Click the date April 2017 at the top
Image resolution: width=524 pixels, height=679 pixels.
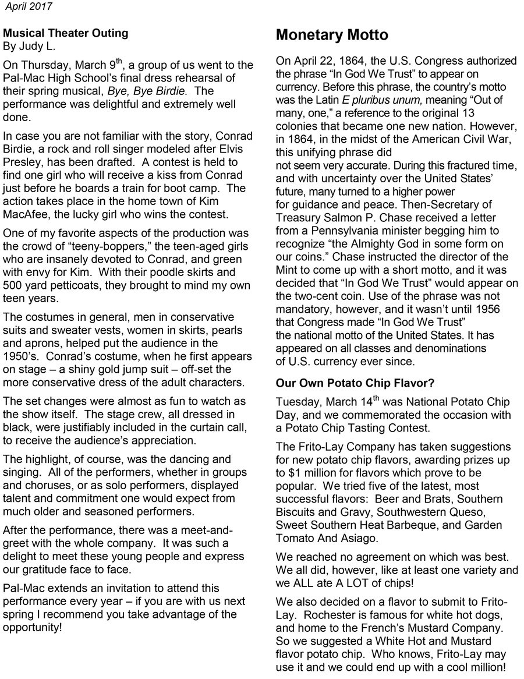click(x=29, y=6)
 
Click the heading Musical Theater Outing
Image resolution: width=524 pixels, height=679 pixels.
click(x=66, y=33)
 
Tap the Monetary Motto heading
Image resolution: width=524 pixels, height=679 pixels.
click(x=332, y=36)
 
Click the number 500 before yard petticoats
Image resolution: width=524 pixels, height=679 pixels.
click(x=13, y=285)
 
